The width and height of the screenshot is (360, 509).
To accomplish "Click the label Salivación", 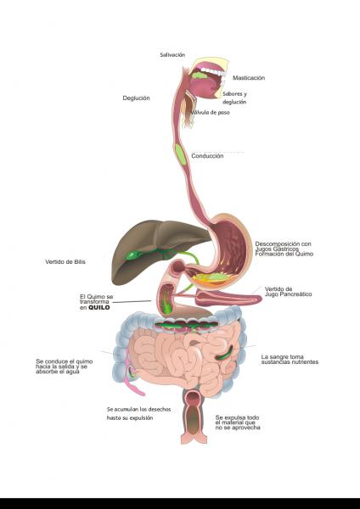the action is coord(172,55).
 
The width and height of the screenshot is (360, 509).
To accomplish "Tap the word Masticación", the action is coord(249,78).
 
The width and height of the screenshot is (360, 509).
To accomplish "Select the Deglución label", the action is coord(136,98).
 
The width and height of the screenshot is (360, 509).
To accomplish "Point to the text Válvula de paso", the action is coord(210,112).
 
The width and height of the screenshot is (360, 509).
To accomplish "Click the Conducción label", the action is coord(207,156).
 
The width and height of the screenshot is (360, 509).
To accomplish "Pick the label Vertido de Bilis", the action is coord(65,261).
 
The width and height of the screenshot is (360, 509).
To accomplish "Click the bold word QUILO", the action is coord(99,307).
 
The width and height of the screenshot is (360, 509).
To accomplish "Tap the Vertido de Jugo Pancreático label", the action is coord(288,292).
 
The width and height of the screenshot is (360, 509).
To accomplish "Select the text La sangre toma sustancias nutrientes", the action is coord(290,360).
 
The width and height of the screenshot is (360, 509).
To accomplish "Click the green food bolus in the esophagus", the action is coord(180,154).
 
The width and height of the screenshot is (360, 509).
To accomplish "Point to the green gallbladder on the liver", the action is coord(132,256).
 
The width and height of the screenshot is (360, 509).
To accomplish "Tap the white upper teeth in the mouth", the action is coord(212,71).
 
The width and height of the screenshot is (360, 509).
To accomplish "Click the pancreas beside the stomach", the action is coord(228,297).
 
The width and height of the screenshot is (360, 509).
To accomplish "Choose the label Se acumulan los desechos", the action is coord(138,410).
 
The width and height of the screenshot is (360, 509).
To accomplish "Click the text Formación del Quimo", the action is coord(284,255).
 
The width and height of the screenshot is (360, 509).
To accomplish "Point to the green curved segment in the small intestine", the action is coord(224,353).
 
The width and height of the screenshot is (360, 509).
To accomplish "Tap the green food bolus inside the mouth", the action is coord(200,76).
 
